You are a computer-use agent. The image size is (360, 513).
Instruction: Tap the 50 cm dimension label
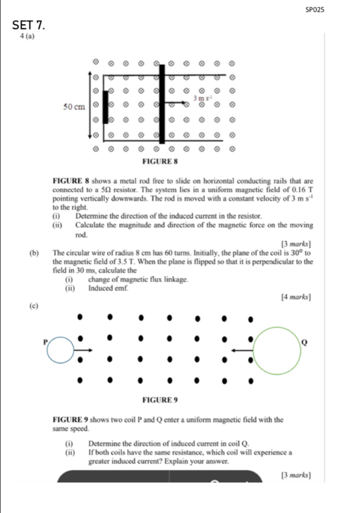pos(74,107)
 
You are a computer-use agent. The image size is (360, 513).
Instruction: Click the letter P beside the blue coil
pos(46,341)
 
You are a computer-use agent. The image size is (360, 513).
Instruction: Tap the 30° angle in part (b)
pos(297,252)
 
